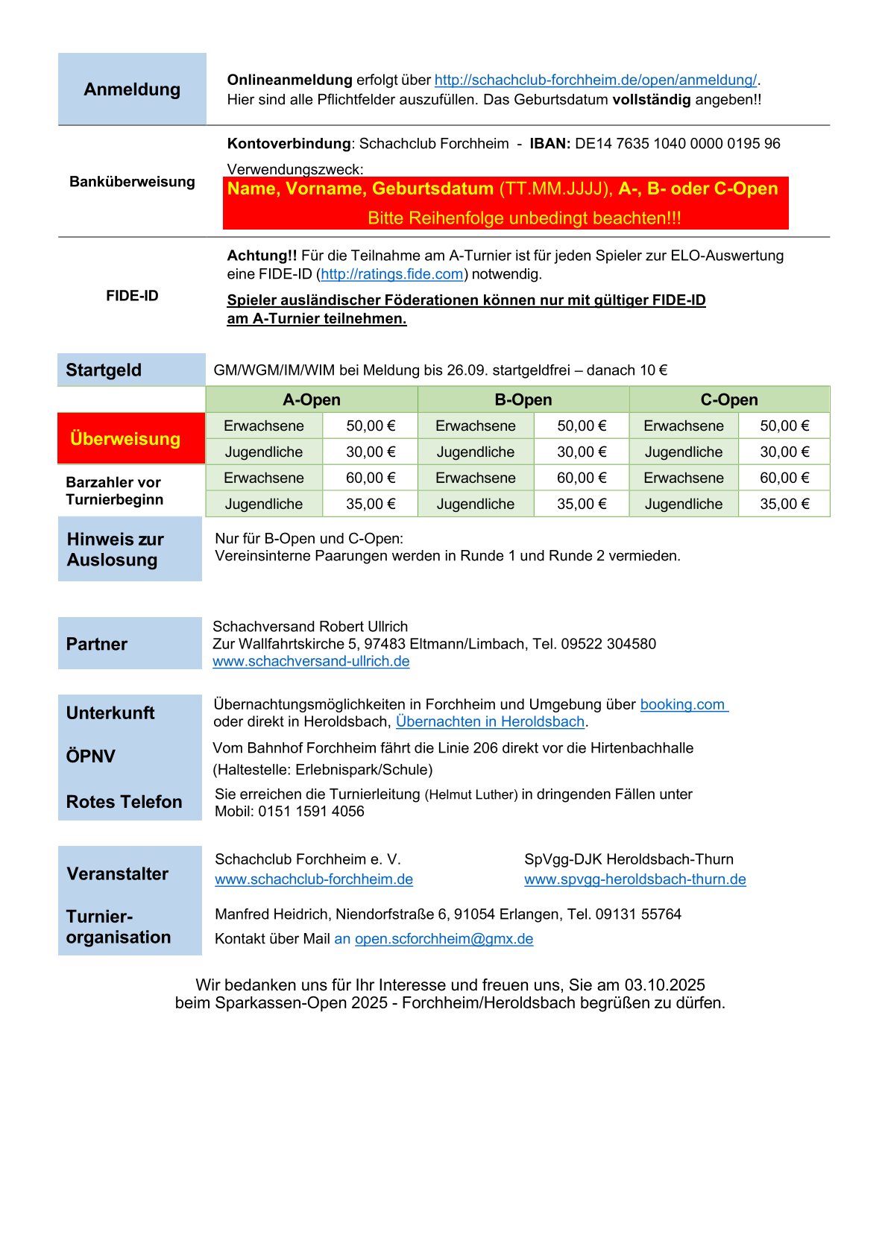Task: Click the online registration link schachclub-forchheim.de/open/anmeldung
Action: [x=595, y=80]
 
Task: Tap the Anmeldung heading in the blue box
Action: [x=132, y=89]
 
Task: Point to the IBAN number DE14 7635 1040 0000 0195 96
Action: [x=677, y=144]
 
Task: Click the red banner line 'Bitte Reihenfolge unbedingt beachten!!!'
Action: [x=524, y=218]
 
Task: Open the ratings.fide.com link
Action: [x=392, y=274]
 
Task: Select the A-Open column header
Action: [x=312, y=400]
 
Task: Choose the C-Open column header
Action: [x=728, y=400]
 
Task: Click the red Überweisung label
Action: [x=125, y=439]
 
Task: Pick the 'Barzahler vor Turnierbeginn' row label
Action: [x=114, y=491]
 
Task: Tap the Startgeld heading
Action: [x=104, y=370]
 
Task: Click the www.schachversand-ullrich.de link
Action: [x=311, y=662]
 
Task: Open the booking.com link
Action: [x=683, y=705]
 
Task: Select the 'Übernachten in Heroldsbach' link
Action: [x=490, y=722]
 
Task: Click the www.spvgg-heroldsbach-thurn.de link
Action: [x=634, y=879]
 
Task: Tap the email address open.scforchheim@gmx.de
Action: [x=444, y=939]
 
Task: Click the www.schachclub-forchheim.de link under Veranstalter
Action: [x=314, y=879]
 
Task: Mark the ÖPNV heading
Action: [x=91, y=756]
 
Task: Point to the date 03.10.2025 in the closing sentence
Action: [x=664, y=985]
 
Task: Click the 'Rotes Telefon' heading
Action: [x=125, y=802]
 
